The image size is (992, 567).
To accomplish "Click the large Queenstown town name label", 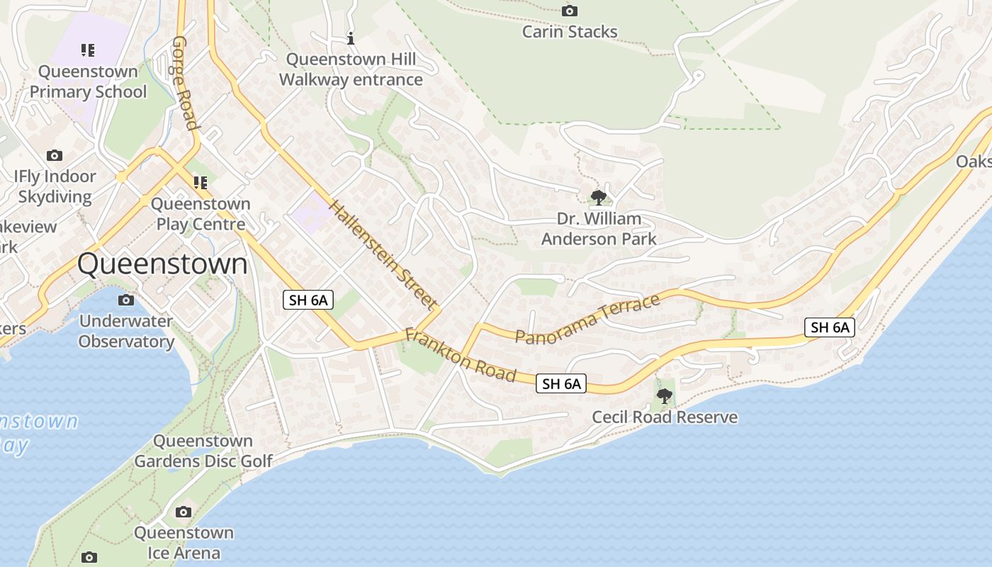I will click(162, 264).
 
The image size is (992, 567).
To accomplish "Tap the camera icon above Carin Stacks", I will click(569, 11).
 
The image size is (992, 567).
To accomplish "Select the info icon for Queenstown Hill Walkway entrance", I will click(350, 38).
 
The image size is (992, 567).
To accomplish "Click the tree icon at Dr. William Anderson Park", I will click(599, 197).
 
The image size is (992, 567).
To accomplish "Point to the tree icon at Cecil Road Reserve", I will click(664, 395).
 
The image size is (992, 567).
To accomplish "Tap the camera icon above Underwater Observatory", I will click(126, 300).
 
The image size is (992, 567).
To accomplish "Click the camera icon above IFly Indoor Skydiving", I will click(55, 155).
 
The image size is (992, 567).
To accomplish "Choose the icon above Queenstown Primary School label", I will click(88, 50).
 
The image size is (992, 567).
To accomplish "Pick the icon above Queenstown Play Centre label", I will click(201, 183).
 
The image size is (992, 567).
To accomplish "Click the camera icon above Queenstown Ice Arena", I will click(184, 512).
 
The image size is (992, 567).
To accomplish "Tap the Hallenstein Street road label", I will click(382, 255).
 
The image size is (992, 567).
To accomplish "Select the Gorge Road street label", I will click(184, 83).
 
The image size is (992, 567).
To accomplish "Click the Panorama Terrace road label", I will click(587, 319).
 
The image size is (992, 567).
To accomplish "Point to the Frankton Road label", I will click(460, 355).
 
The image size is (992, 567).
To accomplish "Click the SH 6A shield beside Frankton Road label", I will click(561, 384).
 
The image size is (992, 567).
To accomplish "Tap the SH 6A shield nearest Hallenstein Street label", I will click(308, 300).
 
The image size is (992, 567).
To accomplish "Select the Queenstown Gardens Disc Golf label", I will click(203, 451).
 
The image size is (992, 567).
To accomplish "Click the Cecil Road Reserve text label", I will click(665, 417).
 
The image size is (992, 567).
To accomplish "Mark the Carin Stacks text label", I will click(570, 32).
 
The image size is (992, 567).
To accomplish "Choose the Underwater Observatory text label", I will click(126, 331).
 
